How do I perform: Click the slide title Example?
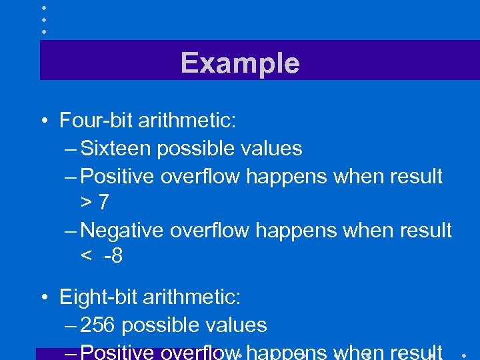coord(240,63)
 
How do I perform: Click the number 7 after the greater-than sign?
coord(103,203)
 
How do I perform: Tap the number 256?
coord(98,325)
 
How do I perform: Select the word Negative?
coord(123,231)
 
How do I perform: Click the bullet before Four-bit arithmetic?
coord(42,121)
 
